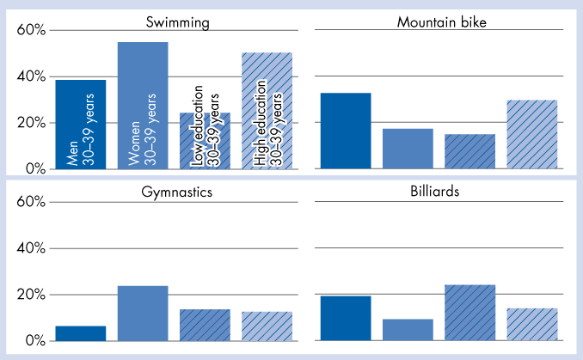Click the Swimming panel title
[x=178, y=21]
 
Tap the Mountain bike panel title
[x=442, y=21]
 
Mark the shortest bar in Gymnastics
[x=80, y=333]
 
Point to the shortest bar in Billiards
[x=408, y=330]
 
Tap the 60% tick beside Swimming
[x=32, y=31]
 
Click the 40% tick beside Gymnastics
[x=32, y=248]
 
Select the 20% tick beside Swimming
[x=32, y=123]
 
